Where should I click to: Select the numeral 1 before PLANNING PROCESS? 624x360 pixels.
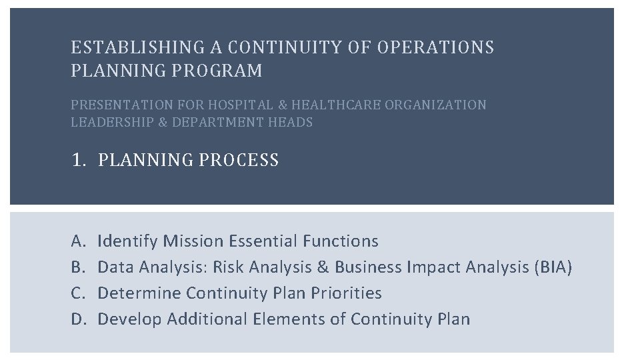[77, 161]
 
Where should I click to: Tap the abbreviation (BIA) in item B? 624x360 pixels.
[553, 267]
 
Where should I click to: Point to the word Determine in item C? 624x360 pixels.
[139, 293]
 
